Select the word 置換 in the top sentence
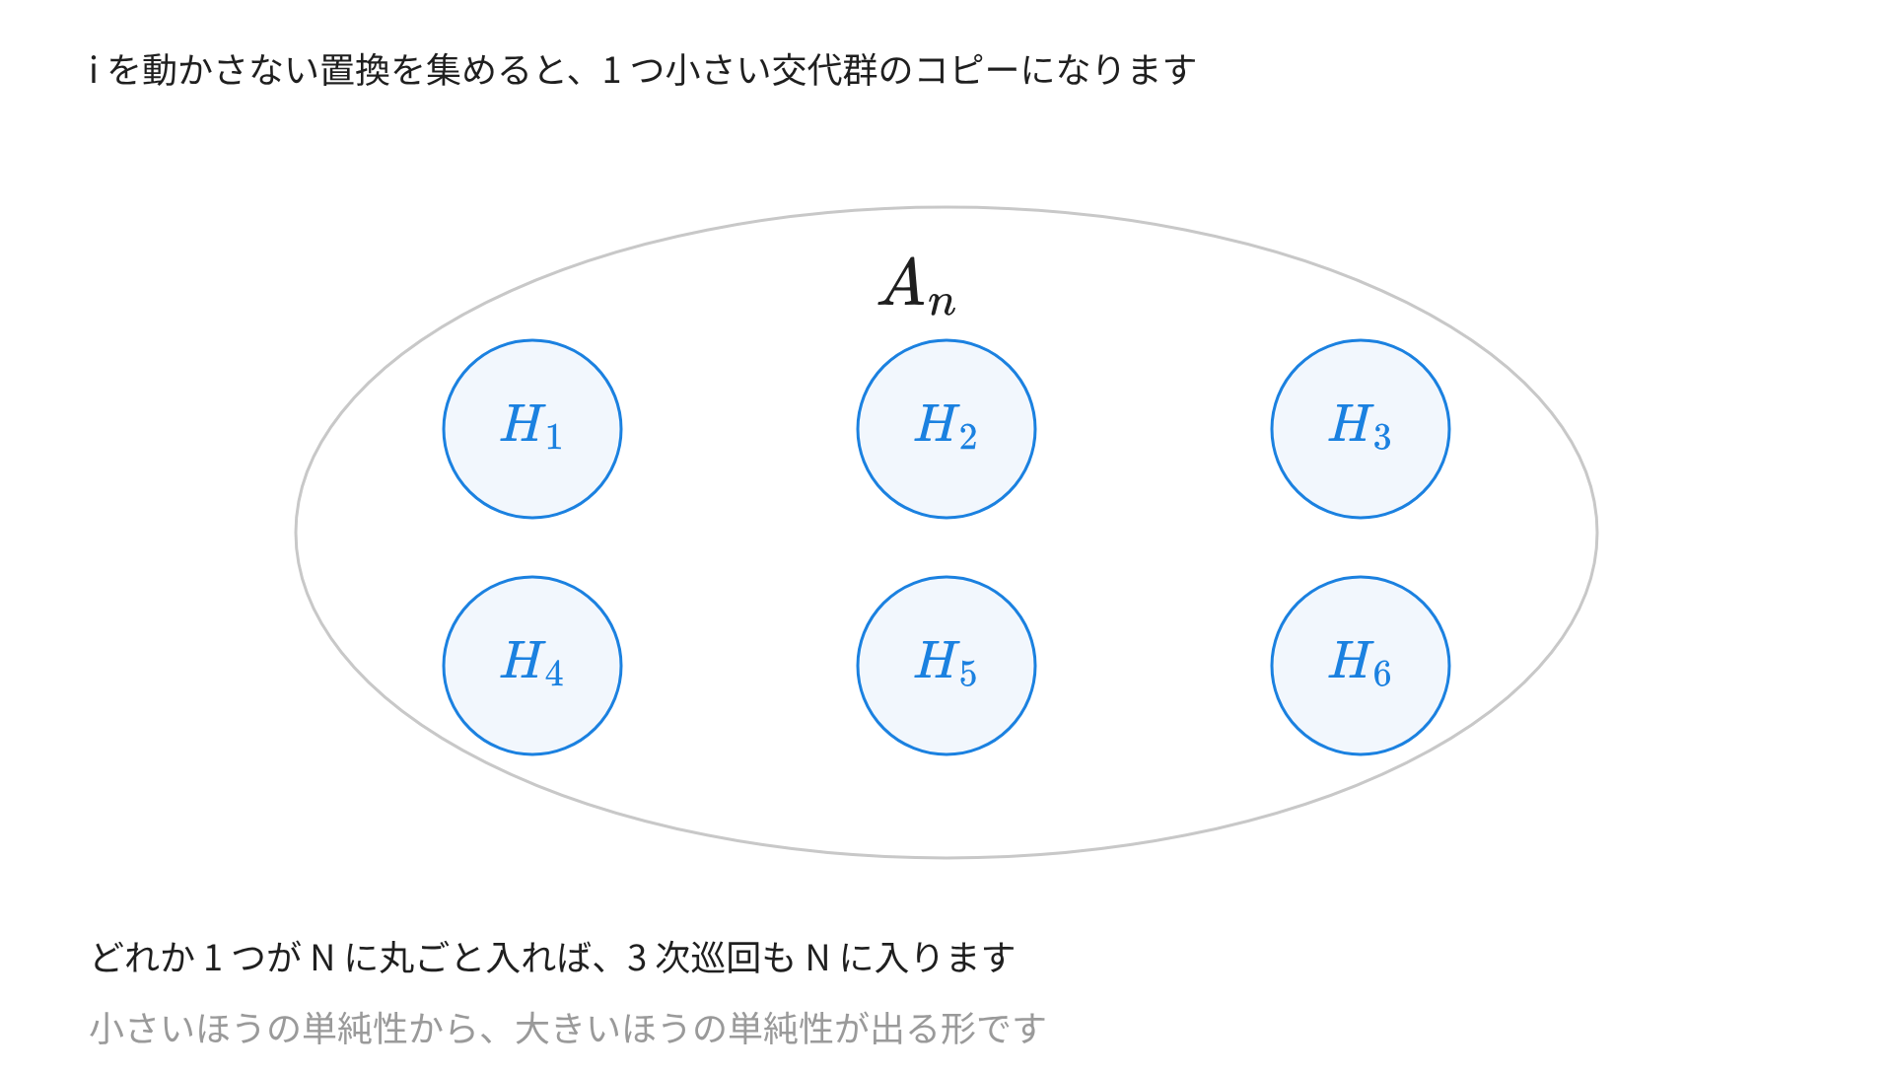[356, 70]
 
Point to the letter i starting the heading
[94, 70]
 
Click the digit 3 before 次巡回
[636, 958]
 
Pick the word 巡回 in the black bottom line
[726, 958]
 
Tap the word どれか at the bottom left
[143, 958]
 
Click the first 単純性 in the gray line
[355, 1029]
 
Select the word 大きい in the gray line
[567, 1029]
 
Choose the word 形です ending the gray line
[993, 1029]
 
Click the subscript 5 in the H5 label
[968, 674]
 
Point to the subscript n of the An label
[943, 302]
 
